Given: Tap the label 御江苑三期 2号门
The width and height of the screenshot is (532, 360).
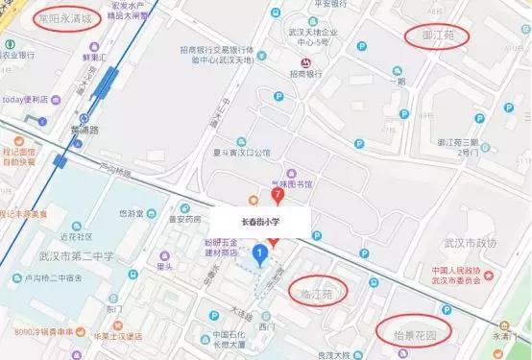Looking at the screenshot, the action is (457, 147).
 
